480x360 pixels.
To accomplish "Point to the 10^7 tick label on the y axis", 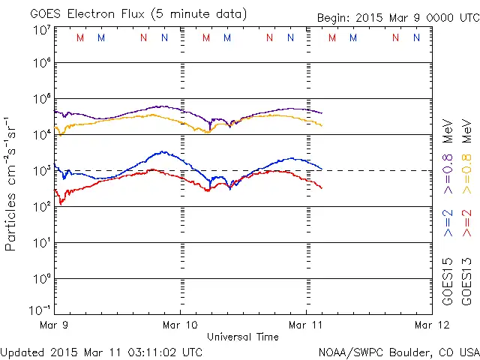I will click(x=43, y=30).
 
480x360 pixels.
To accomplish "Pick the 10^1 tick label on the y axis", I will click(x=43, y=243).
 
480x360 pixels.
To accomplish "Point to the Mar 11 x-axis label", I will click(x=306, y=325).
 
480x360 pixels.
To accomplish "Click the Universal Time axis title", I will click(x=242, y=337).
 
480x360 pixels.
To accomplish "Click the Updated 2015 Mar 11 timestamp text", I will click(x=101, y=351).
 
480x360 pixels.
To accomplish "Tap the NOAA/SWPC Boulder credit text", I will click(x=397, y=351).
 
